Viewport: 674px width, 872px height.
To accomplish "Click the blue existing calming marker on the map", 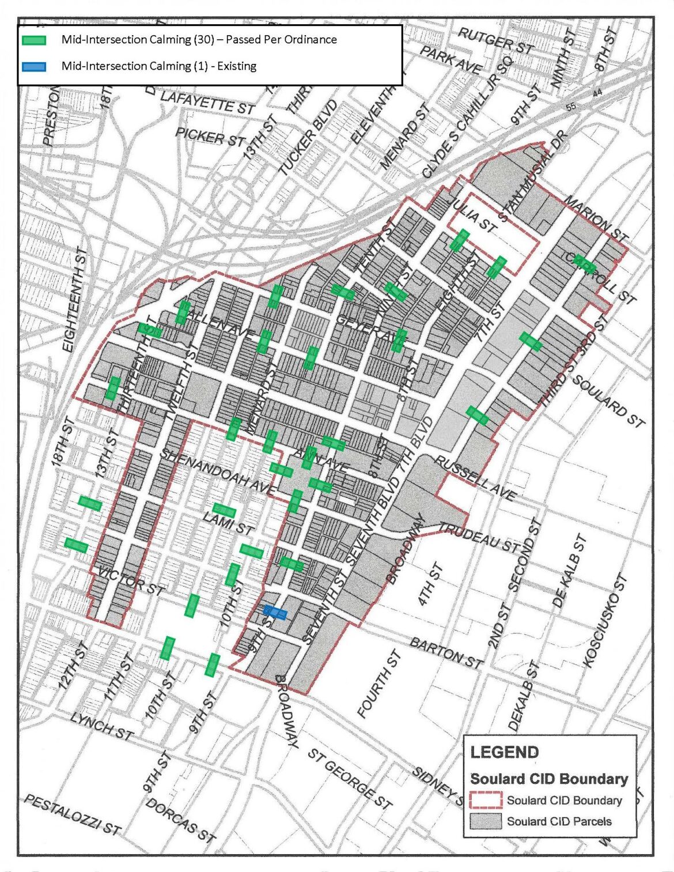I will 275,613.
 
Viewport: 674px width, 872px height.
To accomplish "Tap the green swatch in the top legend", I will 33,40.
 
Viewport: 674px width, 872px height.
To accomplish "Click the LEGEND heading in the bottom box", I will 505,752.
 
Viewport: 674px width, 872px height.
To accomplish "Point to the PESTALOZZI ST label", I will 73,815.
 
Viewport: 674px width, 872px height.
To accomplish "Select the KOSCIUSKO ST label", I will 604,621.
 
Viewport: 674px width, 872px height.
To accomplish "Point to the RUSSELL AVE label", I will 475,478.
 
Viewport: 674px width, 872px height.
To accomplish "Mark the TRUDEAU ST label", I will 479,537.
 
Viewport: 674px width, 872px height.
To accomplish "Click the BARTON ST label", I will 446,652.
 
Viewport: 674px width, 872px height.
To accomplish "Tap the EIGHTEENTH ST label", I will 75,300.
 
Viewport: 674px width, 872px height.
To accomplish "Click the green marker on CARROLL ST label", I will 585,263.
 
